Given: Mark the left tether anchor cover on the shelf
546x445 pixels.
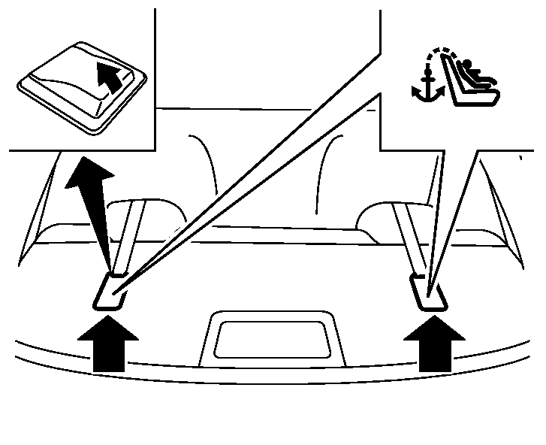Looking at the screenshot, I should coord(110,292).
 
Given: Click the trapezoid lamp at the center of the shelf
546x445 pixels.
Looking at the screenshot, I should coord(272,339).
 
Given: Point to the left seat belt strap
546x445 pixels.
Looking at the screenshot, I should coord(128,233).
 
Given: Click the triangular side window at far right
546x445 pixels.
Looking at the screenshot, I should coord(502,207).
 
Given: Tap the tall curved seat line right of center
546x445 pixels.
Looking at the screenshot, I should coord(324,169).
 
